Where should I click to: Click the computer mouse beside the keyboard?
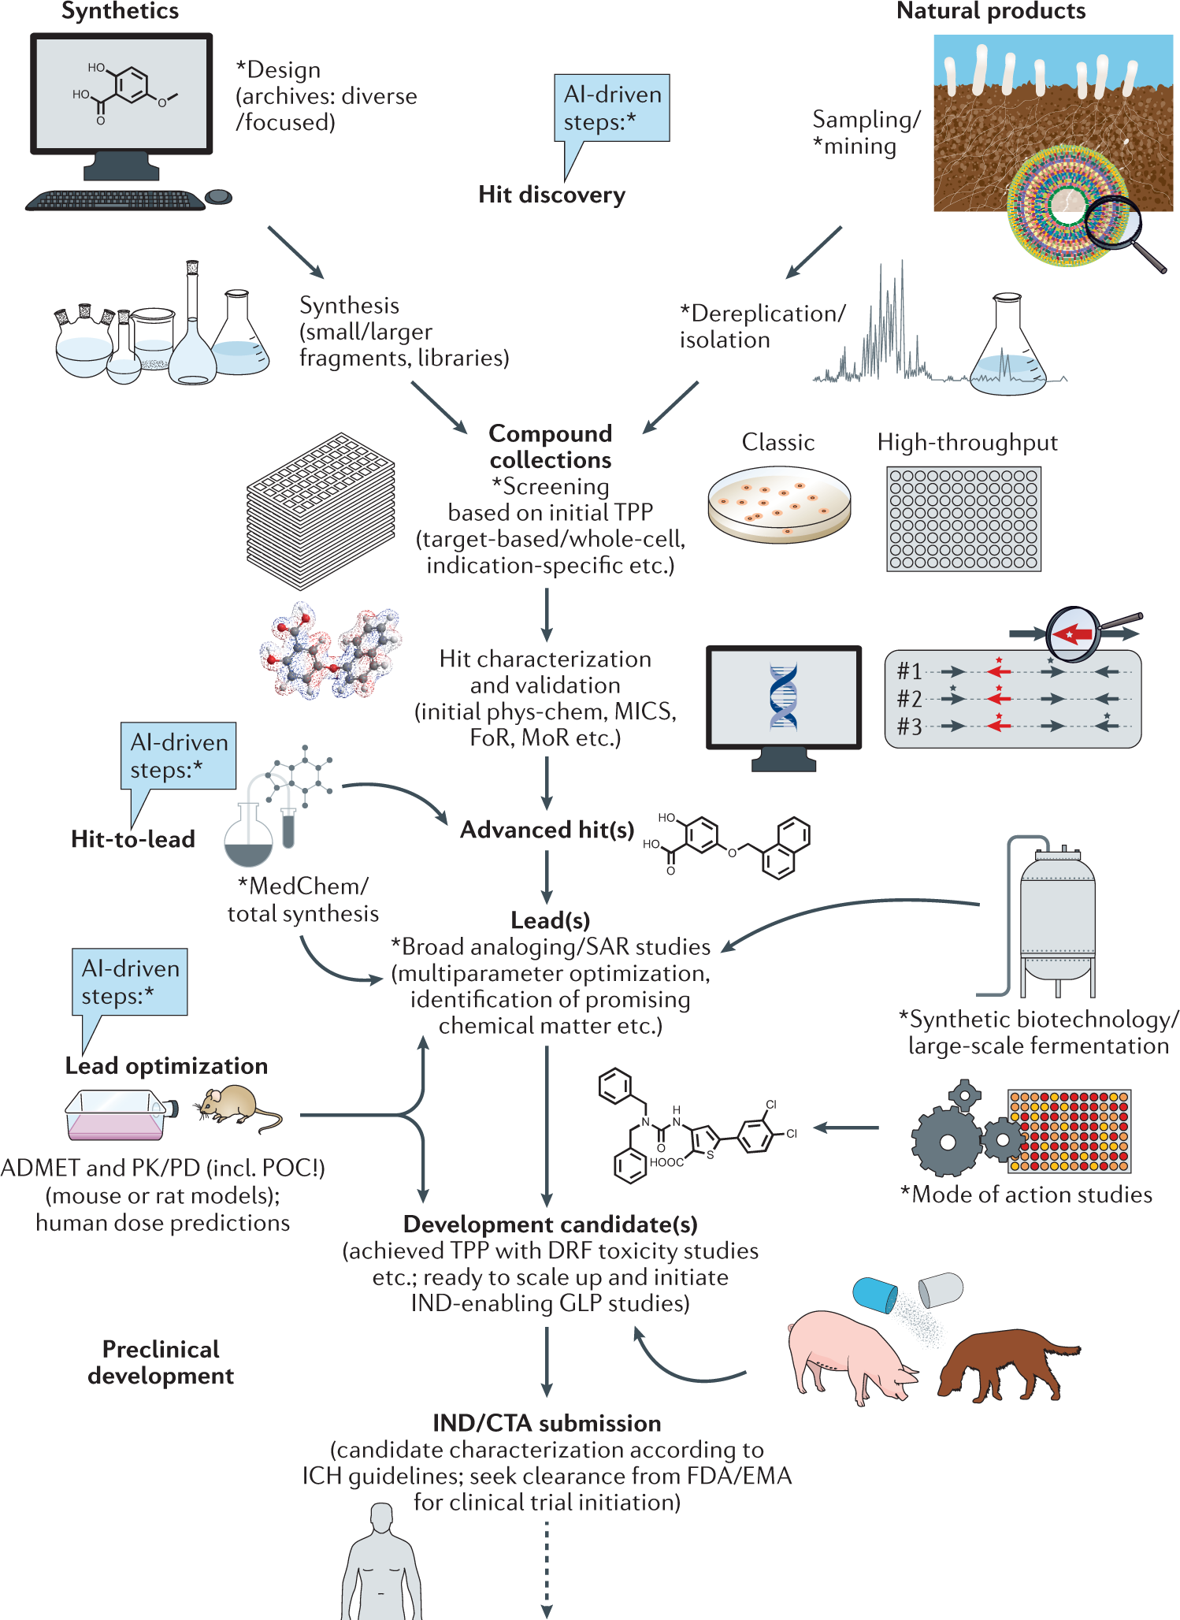tap(218, 196)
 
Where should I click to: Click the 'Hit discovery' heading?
tap(551, 195)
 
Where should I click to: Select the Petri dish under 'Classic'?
tap(779, 505)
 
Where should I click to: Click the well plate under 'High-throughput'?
tap(963, 518)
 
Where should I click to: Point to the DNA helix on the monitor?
tap(783, 697)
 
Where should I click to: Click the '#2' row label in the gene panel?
tap(909, 699)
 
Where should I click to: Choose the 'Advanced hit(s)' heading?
tap(547, 830)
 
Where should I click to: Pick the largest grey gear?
tap(948, 1142)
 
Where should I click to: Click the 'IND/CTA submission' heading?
tap(547, 1423)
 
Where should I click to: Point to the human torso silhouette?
tap(381, 1568)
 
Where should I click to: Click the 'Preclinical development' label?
tap(161, 1362)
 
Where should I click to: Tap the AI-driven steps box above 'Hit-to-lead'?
tap(179, 755)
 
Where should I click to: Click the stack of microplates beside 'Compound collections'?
tap(321, 511)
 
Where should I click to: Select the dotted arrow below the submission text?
tap(547, 1568)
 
